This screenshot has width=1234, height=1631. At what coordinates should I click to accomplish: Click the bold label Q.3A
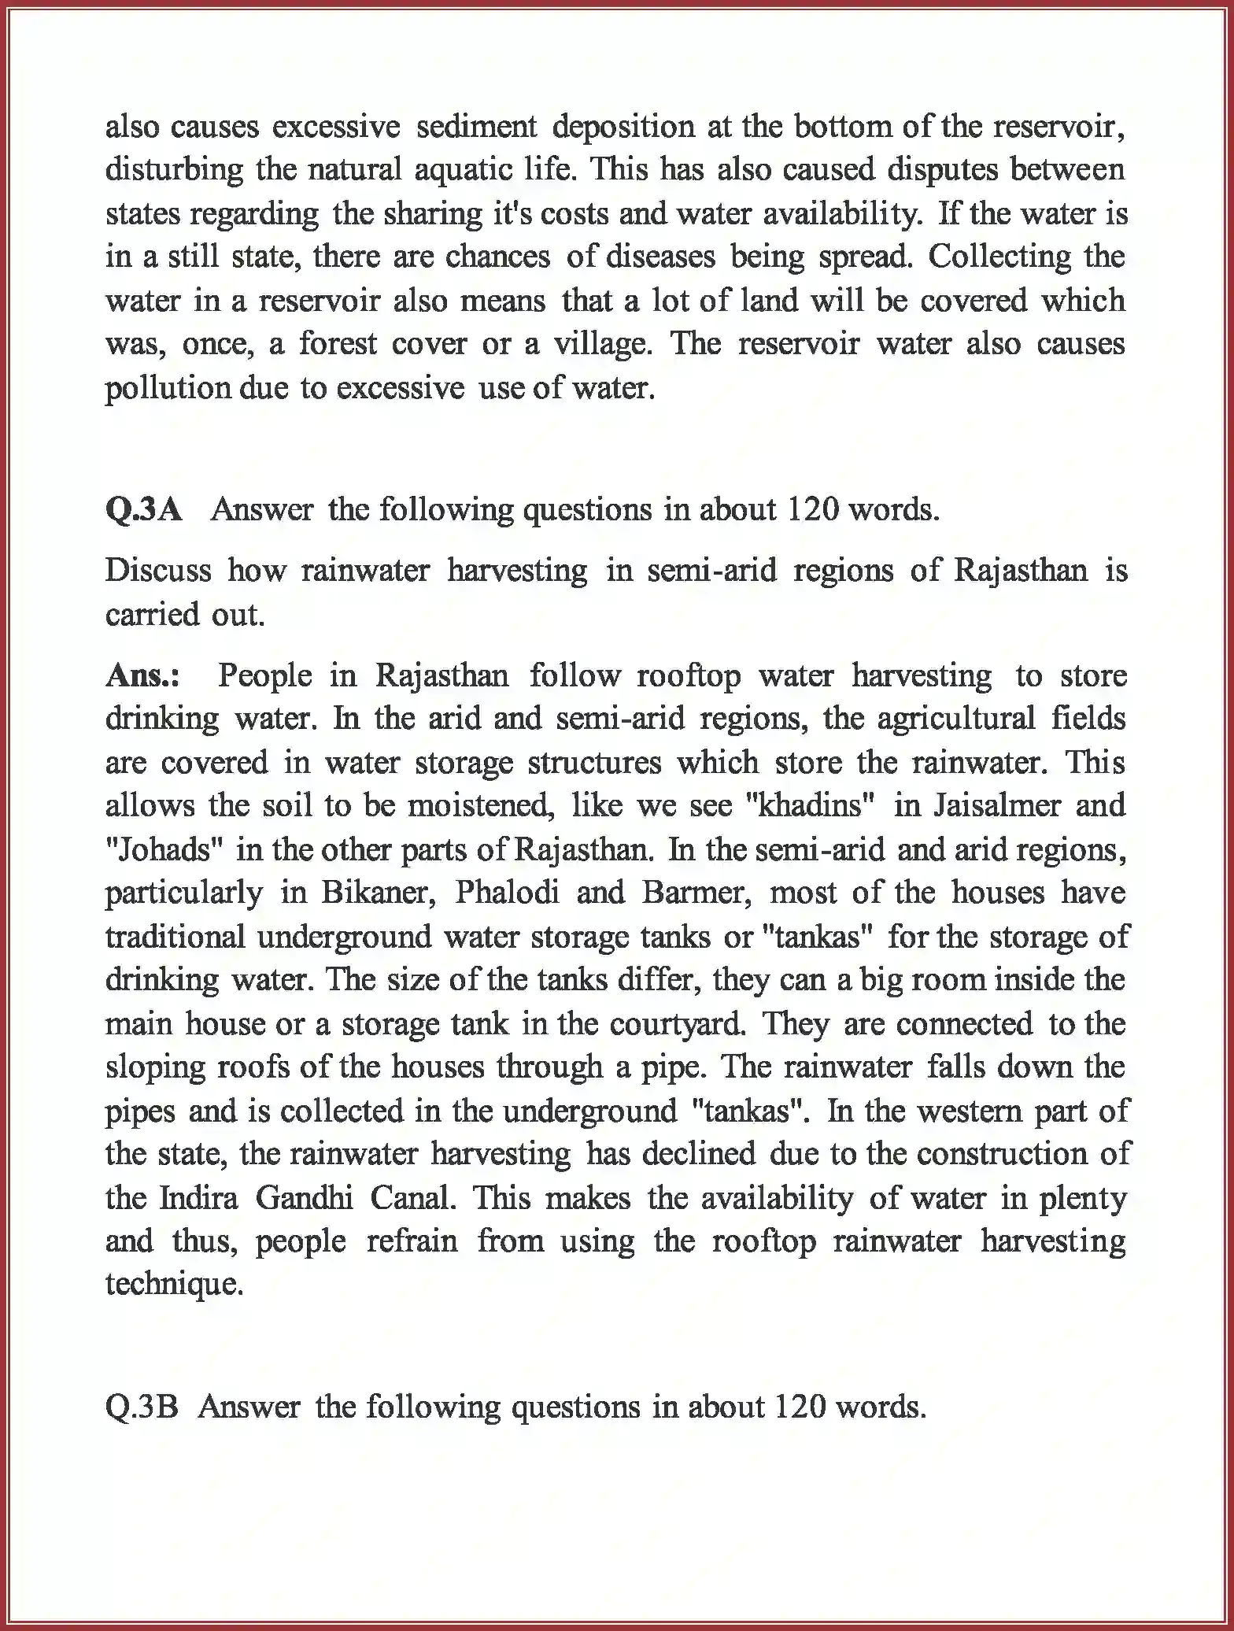[x=144, y=510]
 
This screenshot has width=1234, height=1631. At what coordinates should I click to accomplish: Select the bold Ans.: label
[x=142, y=675]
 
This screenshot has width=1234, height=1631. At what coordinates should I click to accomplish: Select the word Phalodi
[x=508, y=893]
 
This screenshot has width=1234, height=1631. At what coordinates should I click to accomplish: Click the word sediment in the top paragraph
[x=476, y=127]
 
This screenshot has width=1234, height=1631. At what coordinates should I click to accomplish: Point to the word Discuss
[x=158, y=570]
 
